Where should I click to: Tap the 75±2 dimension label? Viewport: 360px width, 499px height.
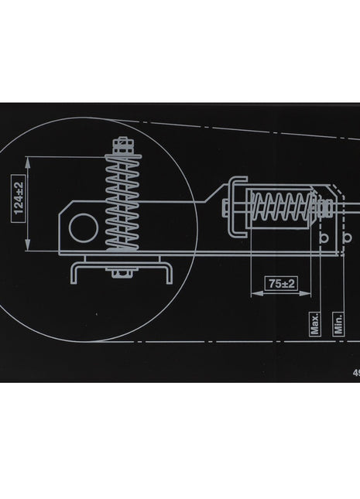click(x=282, y=283)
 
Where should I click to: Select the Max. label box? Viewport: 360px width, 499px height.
click(x=315, y=323)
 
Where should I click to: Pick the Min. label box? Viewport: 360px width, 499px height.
click(x=338, y=323)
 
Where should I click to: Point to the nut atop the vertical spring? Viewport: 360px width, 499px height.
click(x=122, y=144)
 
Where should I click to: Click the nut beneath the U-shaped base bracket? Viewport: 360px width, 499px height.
click(x=122, y=272)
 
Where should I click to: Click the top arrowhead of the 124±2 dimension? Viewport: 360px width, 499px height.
click(x=29, y=159)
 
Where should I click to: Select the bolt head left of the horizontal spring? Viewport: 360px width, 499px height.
click(x=225, y=207)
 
